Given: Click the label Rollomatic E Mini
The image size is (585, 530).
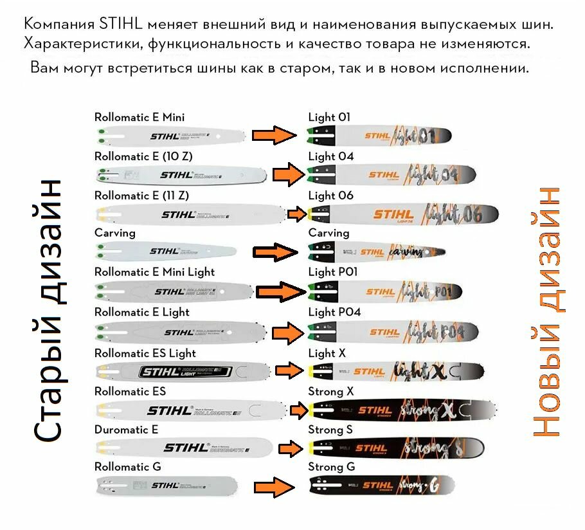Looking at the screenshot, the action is pyautogui.click(x=139, y=117).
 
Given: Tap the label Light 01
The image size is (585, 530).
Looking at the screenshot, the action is pyautogui.click(x=329, y=117).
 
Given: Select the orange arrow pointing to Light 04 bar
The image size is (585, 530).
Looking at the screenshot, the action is pyautogui.click(x=287, y=174).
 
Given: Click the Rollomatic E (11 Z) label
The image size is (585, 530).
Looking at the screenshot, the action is pyautogui.click(x=141, y=196).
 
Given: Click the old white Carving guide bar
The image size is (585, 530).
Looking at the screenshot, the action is pyautogui.click(x=165, y=251).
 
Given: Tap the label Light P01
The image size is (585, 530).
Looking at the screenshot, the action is pyautogui.click(x=333, y=272).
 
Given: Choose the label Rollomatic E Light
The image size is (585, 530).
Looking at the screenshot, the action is pyautogui.click(x=141, y=312).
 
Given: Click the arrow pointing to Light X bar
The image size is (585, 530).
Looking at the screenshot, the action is pyautogui.click(x=289, y=370).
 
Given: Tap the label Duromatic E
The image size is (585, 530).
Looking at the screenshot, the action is pyautogui.click(x=126, y=429).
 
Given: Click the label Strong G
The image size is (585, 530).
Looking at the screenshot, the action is pyautogui.click(x=331, y=466).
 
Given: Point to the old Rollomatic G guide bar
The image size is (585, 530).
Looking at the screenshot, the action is pyautogui.click(x=167, y=486).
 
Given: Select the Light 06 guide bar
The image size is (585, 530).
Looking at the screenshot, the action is pyautogui.click(x=402, y=214).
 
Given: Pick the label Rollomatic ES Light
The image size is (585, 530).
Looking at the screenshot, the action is pyautogui.click(x=145, y=353).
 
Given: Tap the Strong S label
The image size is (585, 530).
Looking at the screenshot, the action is pyautogui.click(x=330, y=429).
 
